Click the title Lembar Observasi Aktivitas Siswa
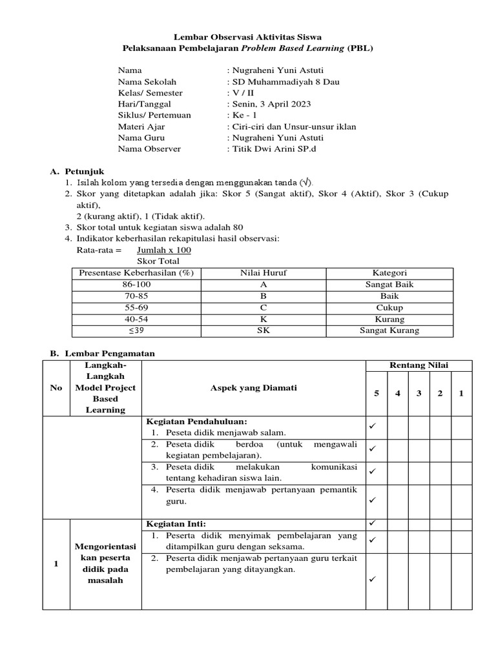coord(247,37)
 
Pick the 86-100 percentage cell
coord(136,285)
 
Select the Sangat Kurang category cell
coord(389,330)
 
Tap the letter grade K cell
coord(263,319)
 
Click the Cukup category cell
coord(389,308)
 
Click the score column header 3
coord(418,393)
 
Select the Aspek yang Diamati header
coord(253,388)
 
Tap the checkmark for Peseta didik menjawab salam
coord(372,426)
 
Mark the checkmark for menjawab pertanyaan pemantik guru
coord(372,500)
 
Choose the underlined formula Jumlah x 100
coord(164,250)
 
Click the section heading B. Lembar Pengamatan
coord(102,354)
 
